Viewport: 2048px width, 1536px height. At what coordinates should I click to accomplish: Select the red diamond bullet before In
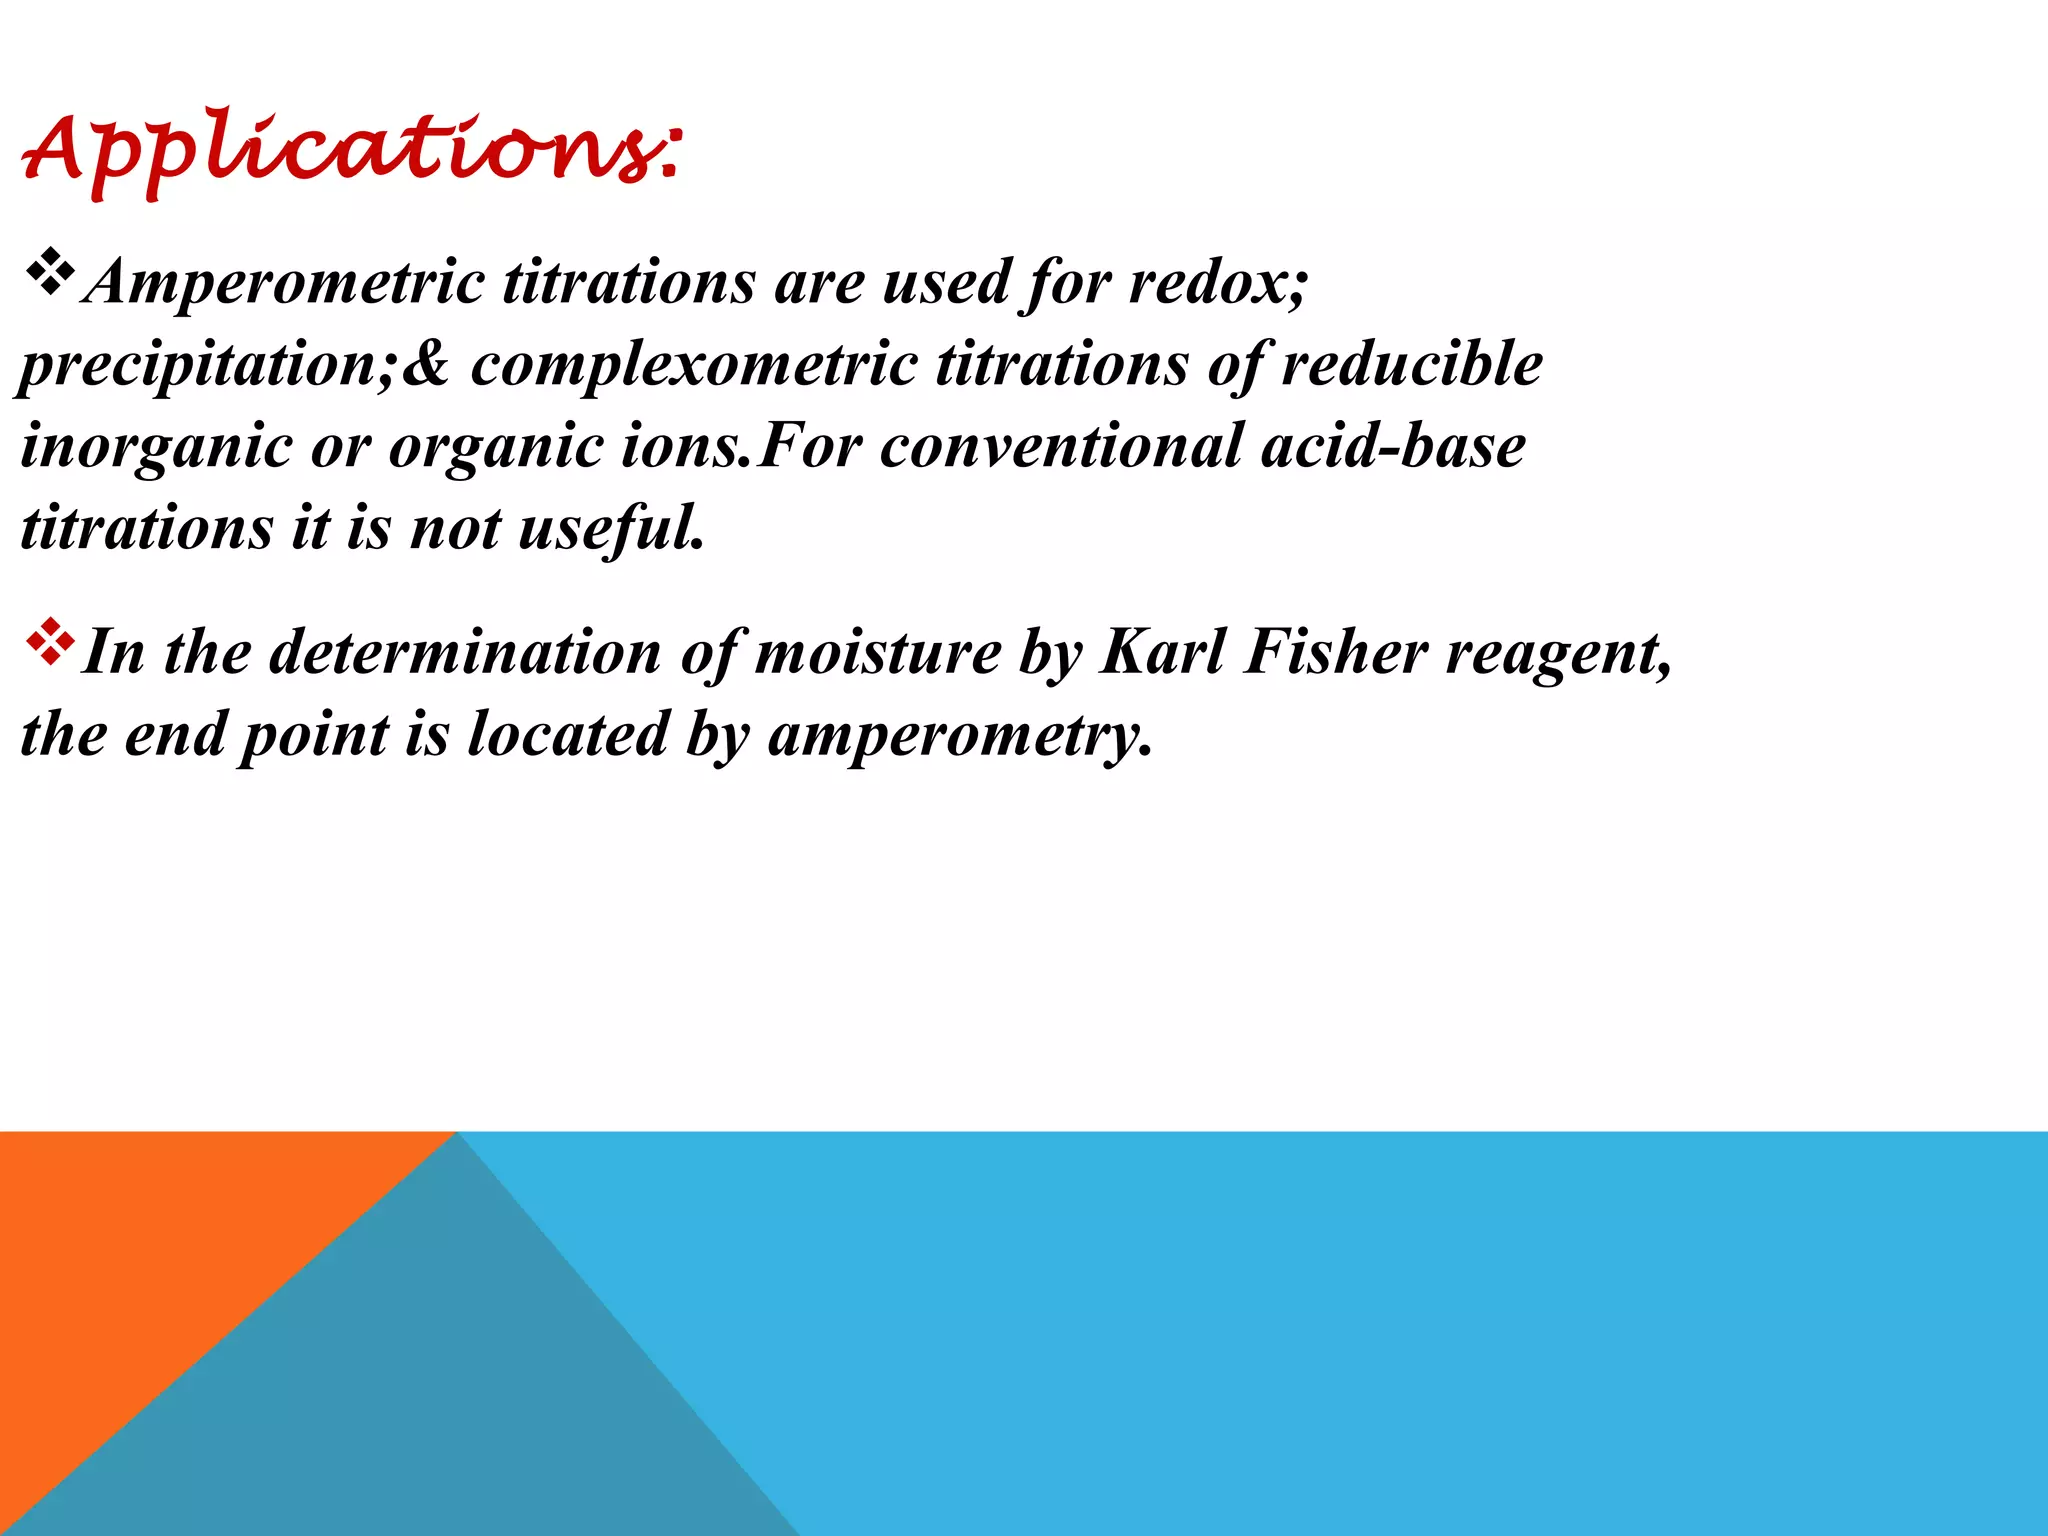pyautogui.click(x=49, y=644)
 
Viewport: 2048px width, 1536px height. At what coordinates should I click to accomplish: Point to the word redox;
pyautogui.click(x=1218, y=283)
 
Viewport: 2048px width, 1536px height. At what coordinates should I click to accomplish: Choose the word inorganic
pyautogui.click(x=155, y=447)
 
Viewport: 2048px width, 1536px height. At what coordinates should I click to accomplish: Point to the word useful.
pyautogui.click(x=611, y=528)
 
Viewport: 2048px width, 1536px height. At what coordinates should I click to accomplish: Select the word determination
pyautogui.click(x=465, y=653)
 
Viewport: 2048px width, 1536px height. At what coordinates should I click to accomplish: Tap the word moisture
pyautogui.click(x=878, y=653)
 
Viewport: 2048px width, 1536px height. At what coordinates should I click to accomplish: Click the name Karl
pyautogui.click(x=1162, y=653)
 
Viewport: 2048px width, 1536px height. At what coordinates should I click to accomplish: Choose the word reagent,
pyautogui.click(x=1560, y=655)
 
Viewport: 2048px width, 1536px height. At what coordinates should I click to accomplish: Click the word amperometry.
pyautogui.click(x=960, y=737)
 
